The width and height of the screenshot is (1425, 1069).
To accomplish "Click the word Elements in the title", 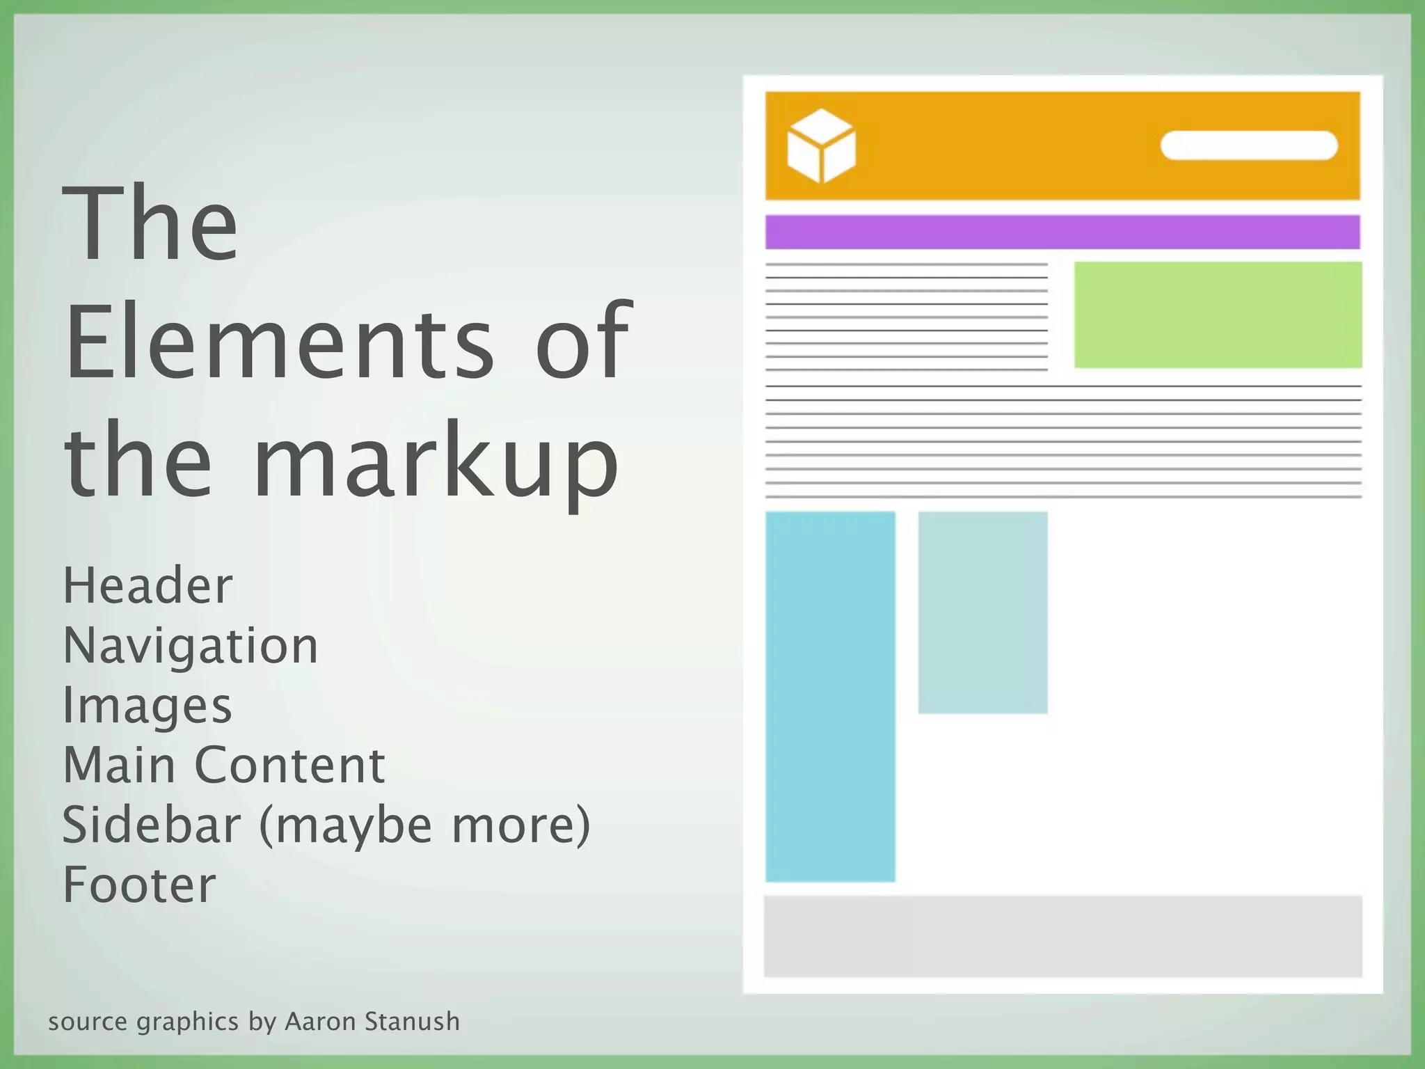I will pos(278,342).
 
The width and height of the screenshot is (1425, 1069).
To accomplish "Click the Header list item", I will pos(148,586).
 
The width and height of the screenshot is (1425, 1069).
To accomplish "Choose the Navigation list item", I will pos(191,647).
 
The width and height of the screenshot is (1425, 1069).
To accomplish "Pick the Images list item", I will pos(147,706).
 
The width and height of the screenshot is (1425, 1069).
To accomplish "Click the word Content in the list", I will pos(289,766).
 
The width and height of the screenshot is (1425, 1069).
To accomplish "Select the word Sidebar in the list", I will pos(151,825).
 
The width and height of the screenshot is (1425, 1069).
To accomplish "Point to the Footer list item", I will pos(139,885).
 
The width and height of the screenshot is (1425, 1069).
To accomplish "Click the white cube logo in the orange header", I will pos(821,145).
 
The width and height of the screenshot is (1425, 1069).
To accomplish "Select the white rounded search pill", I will pos(1249,145).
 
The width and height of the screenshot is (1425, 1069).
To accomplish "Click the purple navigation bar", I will pos(1062,232).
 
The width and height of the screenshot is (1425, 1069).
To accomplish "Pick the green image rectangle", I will pos(1218,315).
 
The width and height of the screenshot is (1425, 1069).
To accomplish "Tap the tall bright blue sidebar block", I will pos(830,697).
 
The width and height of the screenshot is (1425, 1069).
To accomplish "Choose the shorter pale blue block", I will pos(982,612).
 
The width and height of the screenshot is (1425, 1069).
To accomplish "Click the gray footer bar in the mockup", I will pos(1062,936).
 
